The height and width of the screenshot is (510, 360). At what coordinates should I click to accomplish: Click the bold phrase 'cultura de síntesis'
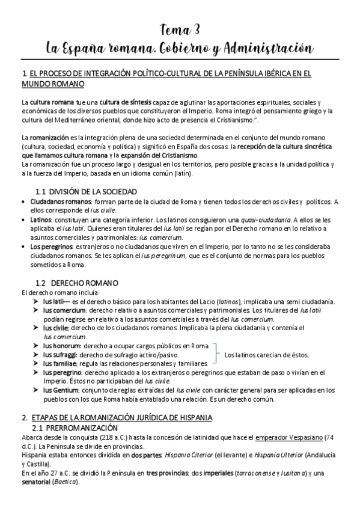click(126, 102)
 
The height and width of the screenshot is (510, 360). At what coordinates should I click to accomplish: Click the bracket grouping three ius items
click(215, 355)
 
